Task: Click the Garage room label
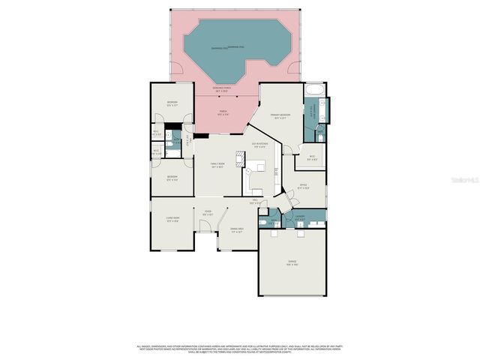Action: point(292,262)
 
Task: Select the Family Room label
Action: point(217,166)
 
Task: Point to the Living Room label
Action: point(172,220)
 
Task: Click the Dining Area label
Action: point(236,230)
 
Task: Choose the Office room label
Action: point(303,187)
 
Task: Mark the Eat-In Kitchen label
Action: point(260,145)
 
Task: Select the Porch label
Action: point(223,112)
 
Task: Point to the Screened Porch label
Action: point(223,88)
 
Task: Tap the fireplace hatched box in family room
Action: point(239,157)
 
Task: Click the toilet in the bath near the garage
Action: point(263,222)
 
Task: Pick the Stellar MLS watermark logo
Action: point(455,181)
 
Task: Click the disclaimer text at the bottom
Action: point(240,349)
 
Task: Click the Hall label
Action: point(255,201)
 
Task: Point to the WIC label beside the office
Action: point(313,158)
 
